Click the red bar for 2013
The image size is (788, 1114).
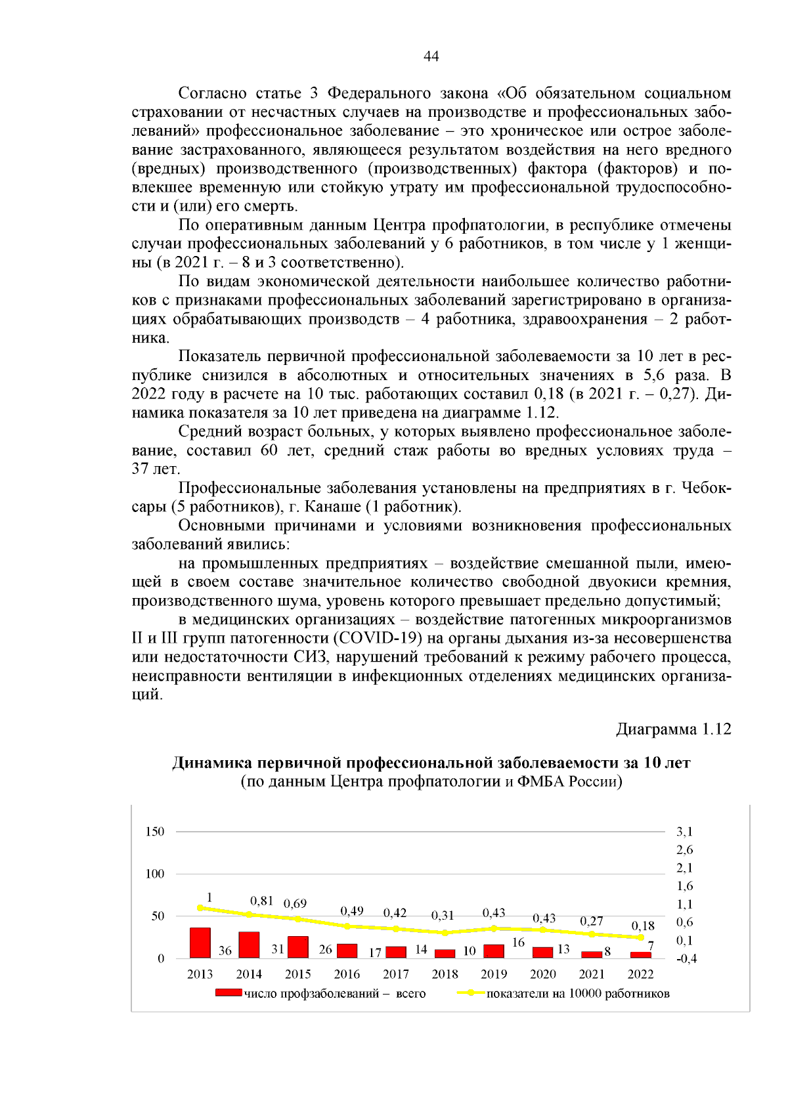[x=200, y=943]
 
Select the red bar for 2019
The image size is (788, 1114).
[x=494, y=951]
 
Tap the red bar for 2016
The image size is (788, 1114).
[x=347, y=951]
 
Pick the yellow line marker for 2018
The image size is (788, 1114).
[x=445, y=933]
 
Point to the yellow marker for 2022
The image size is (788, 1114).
[x=641, y=937]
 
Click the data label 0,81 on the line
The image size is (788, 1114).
[x=261, y=901]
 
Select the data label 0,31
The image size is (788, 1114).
[x=443, y=915]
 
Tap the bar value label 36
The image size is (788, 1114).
[x=225, y=951]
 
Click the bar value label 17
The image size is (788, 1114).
[x=375, y=953]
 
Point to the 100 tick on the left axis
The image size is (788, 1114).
[x=155, y=874]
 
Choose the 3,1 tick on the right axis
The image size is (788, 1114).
[x=685, y=832]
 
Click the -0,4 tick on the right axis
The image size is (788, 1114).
[x=687, y=959]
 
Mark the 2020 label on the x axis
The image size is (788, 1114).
[x=543, y=974]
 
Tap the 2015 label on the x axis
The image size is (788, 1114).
[x=298, y=974]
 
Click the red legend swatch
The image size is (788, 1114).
[x=229, y=993]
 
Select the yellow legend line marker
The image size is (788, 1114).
[x=471, y=993]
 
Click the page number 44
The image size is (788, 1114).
[x=431, y=56]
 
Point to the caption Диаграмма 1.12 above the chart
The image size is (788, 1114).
[x=673, y=729]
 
